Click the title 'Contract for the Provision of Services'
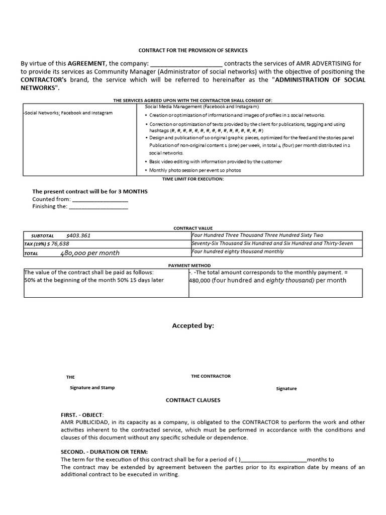point(193,50)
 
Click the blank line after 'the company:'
point(186,64)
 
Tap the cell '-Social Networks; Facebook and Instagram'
point(68,113)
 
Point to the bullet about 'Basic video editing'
point(215,161)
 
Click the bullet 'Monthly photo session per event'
point(195,170)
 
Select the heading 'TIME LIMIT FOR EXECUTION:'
point(193,179)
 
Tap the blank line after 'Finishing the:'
point(98,207)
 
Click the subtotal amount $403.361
point(78,235)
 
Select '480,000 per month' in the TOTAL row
point(90,253)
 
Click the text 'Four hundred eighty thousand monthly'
point(237,251)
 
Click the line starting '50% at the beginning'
point(94,280)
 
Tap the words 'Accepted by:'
point(193,326)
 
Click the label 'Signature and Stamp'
point(92,388)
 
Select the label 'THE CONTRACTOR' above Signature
point(211,376)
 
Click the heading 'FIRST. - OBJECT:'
point(83,415)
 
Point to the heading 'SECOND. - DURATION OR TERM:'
point(101,452)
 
